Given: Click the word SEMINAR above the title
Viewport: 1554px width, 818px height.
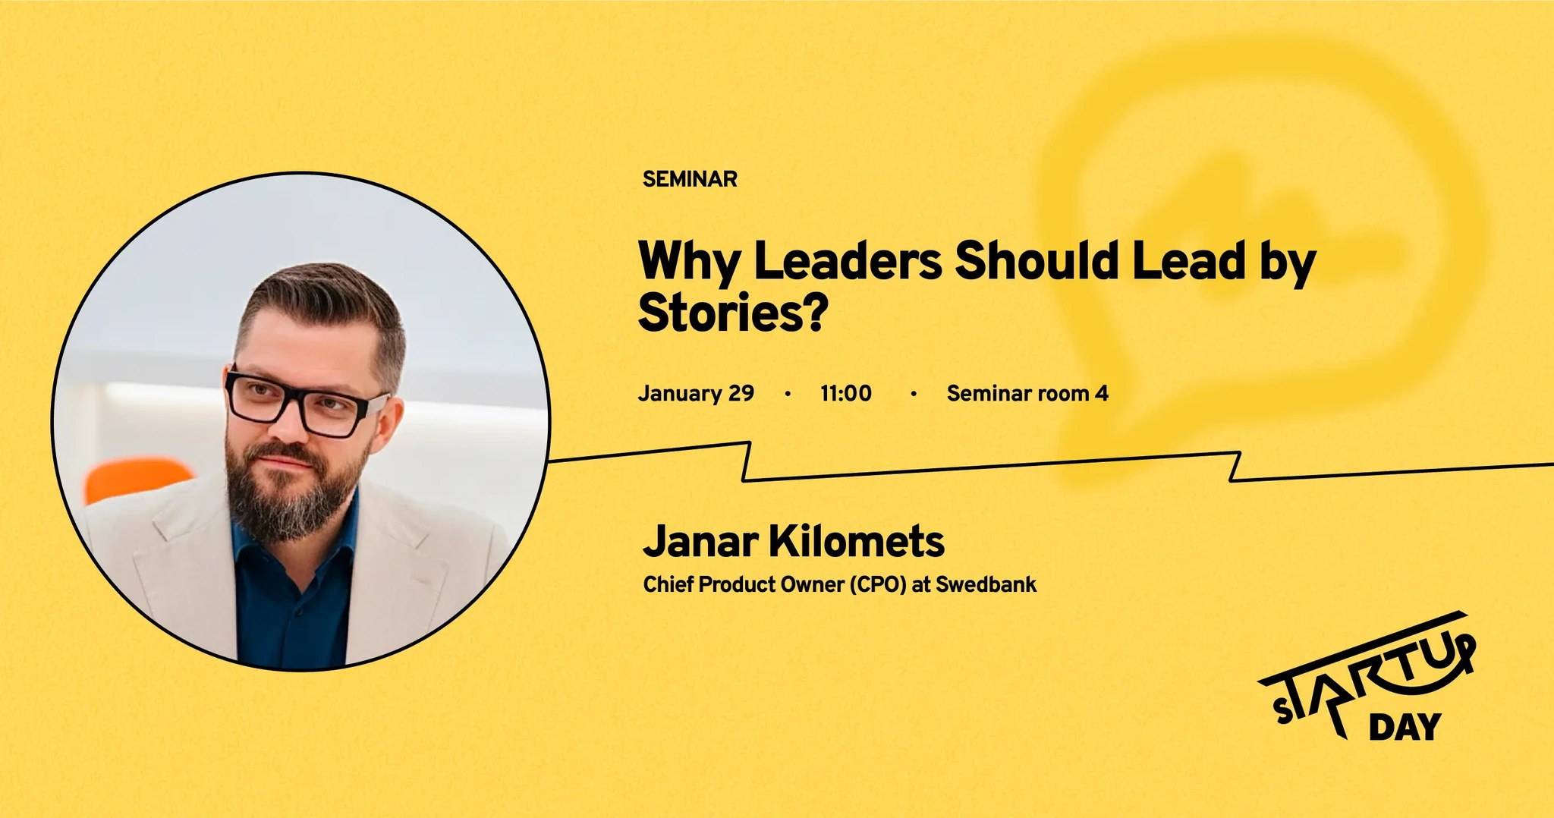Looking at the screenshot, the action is [x=690, y=179].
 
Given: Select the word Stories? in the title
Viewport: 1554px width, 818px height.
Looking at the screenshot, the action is [x=732, y=313].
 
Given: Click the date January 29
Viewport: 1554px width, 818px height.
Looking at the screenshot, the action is [x=696, y=393].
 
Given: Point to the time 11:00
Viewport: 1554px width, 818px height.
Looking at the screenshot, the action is [x=846, y=393].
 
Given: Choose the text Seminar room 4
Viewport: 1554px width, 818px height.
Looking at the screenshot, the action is [x=1027, y=393].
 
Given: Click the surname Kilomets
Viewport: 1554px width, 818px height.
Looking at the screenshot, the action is [x=857, y=541].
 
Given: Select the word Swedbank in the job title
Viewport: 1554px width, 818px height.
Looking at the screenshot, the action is [x=986, y=584].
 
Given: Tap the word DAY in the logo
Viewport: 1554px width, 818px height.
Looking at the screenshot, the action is [x=1405, y=726].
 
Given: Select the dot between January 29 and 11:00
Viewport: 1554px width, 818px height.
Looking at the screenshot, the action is [x=788, y=394].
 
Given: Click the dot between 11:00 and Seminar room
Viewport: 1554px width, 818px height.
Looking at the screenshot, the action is [x=914, y=394].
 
